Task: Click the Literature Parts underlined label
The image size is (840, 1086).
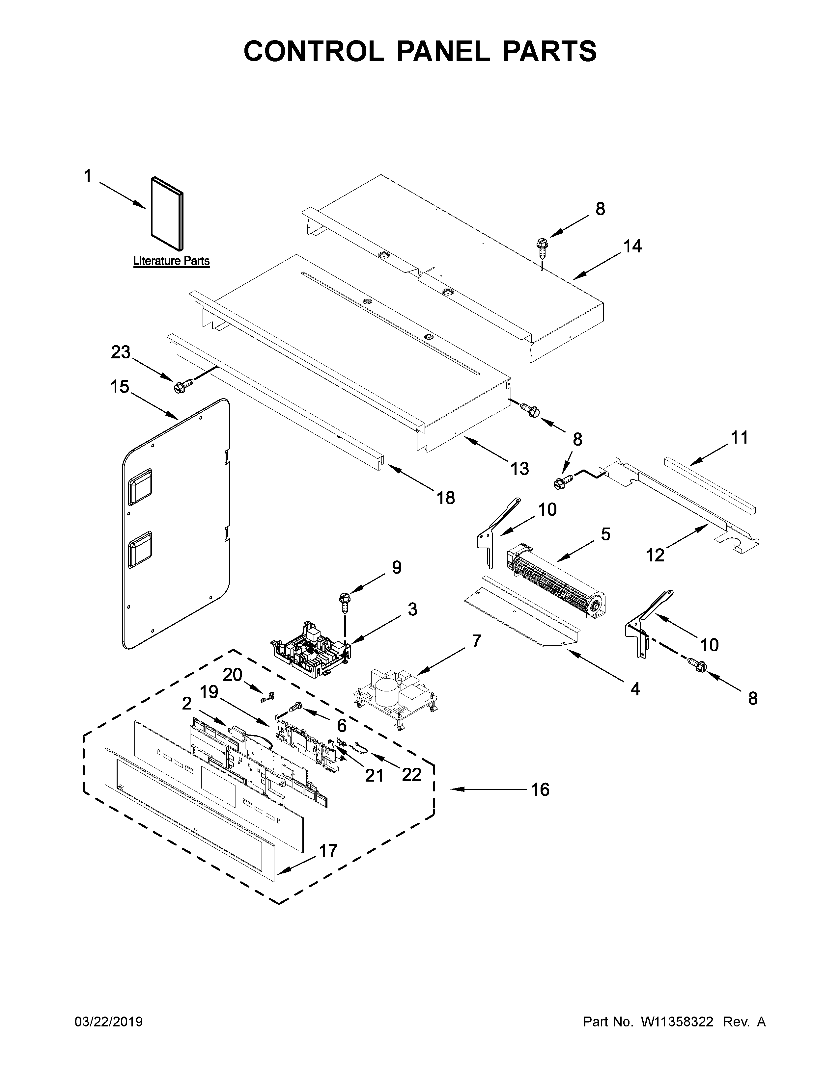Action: pos(171,261)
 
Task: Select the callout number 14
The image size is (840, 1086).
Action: pos(632,246)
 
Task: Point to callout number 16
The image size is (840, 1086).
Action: pos(541,789)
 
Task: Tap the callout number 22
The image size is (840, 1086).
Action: pos(411,774)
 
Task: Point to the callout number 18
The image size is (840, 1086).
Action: pos(446,497)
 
